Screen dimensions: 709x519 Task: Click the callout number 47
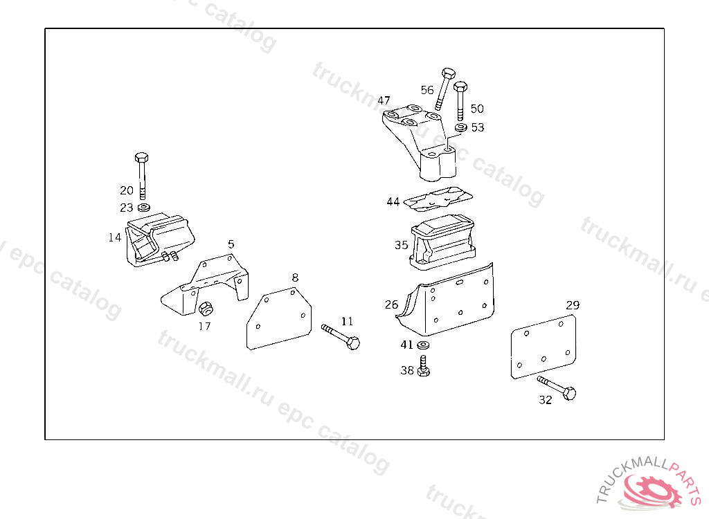coord(384,100)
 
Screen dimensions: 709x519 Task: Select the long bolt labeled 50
coord(460,100)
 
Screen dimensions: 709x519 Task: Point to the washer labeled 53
coord(461,127)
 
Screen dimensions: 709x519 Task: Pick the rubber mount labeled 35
coord(442,240)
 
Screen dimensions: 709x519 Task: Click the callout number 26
coord(391,304)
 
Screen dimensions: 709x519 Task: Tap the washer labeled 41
coord(423,345)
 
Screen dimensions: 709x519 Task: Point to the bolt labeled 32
coord(557,388)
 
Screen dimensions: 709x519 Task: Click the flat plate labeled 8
coord(279,320)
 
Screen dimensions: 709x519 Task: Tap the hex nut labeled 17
coord(205,309)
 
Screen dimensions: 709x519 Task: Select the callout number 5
coord(231,244)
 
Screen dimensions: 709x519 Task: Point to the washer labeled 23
coord(144,208)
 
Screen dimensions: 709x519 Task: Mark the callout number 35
coord(402,245)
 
